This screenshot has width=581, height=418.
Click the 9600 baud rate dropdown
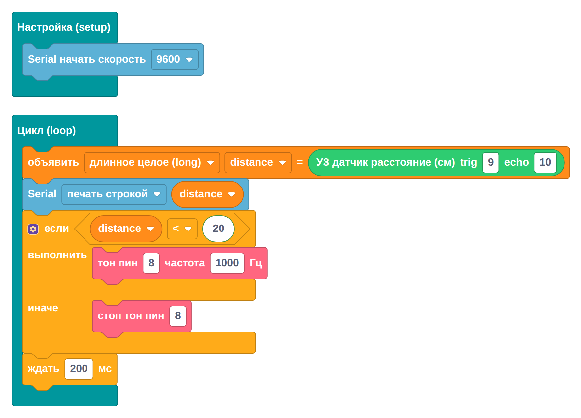pos(175,60)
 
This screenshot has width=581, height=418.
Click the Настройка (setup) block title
pos(64,27)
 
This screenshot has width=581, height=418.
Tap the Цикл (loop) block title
pos(47,130)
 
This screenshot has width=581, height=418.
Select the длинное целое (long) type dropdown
pos(152,163)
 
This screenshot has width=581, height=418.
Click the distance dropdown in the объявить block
pos(258,163)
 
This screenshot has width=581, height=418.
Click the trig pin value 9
pos(491,163)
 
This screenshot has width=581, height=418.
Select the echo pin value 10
pos(545,163)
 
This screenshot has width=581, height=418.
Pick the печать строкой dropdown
pos(114,194)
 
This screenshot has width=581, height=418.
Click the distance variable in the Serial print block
pos(207,194)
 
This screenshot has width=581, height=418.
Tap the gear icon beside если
pos(33,229)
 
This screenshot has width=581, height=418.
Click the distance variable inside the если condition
pos(126,229)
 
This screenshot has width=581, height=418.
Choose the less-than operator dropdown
pos(182,229)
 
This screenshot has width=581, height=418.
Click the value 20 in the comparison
pos(219,229)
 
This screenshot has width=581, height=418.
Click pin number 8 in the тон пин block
pos(151,263)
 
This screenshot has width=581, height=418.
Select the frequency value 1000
pos(227,263)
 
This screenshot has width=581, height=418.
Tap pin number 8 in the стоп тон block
pos(178,316)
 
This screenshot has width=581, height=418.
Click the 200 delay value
pos(79,369)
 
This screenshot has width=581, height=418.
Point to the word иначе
pos(43,308)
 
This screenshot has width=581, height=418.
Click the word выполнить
pos(57,255)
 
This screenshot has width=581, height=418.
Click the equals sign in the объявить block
pos(300,162)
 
